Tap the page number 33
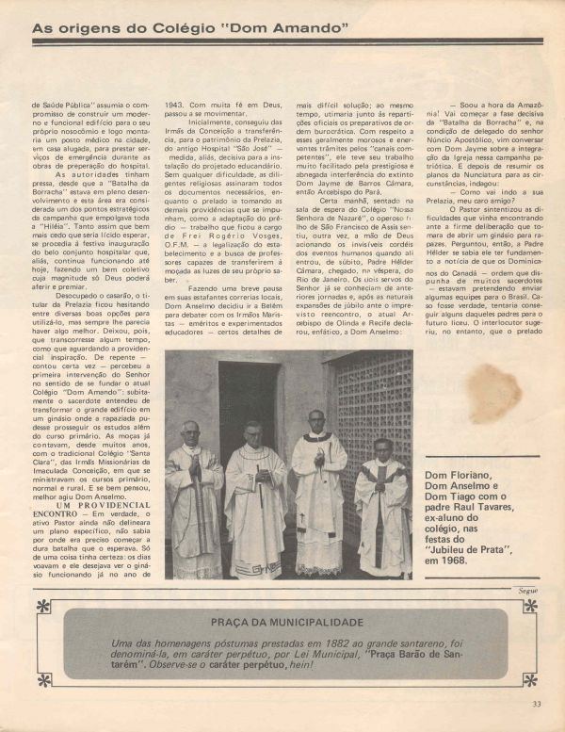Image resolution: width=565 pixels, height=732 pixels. pos(537,702)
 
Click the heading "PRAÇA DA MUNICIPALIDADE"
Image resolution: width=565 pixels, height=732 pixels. pos(282,622)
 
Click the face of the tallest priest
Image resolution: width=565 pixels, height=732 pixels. pos(316,418)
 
